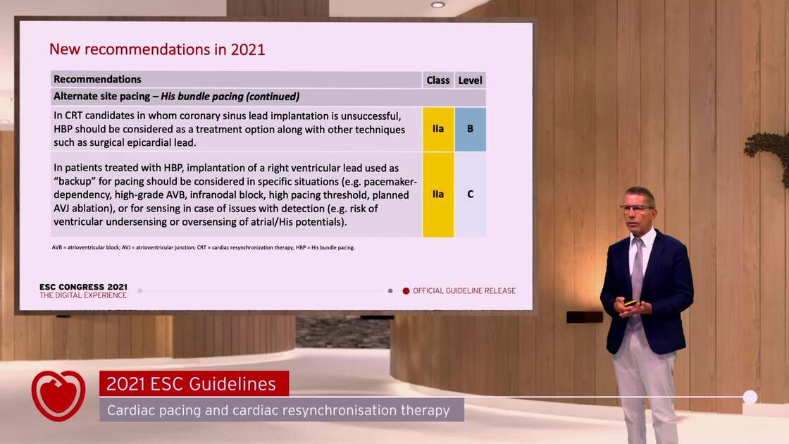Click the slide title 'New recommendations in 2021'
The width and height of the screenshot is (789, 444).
(157, 49)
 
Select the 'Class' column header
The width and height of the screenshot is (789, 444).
(437, 80)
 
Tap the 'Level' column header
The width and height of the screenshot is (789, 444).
(470, 80)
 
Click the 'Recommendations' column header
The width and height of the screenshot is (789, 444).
(97, 80)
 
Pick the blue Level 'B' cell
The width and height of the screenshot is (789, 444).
(470, 129)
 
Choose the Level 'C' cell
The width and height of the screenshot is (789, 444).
(470, 195)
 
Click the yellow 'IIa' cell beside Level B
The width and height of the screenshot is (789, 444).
(438, 129)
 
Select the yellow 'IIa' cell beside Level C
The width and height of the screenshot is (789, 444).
(438, 195)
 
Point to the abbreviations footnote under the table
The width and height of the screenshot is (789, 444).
(204, 247)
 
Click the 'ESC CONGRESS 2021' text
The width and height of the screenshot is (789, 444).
(84, 287)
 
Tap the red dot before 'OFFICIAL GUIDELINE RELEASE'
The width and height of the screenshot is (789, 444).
(406, 291)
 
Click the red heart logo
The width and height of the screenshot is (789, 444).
(58, 395)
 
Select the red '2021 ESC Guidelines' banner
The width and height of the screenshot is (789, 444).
(194, 383)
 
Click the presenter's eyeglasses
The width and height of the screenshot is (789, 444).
(636, 209)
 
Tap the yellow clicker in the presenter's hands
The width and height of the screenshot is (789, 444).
(630, 303)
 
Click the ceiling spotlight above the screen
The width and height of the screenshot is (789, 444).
(437, 4)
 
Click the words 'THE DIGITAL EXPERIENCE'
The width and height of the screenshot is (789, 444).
(84, 295)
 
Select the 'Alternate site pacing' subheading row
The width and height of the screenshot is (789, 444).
(268, 97)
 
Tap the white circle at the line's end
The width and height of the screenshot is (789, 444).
(750, 397)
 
